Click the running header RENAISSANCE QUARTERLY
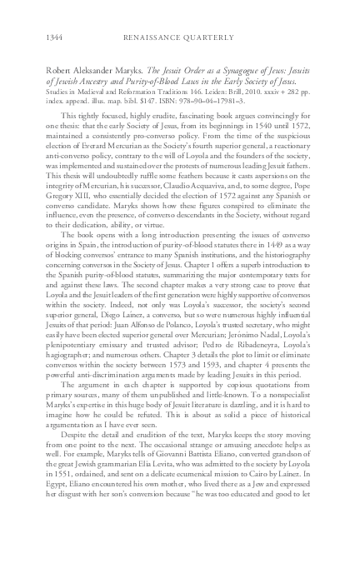tap(180, 37)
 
